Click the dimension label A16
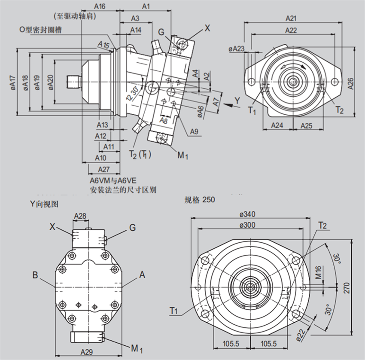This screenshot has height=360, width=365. point(99,6)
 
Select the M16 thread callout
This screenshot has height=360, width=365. point(319,272)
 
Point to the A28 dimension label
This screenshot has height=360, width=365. point(80,216)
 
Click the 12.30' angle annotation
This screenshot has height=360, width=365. point(131,93)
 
